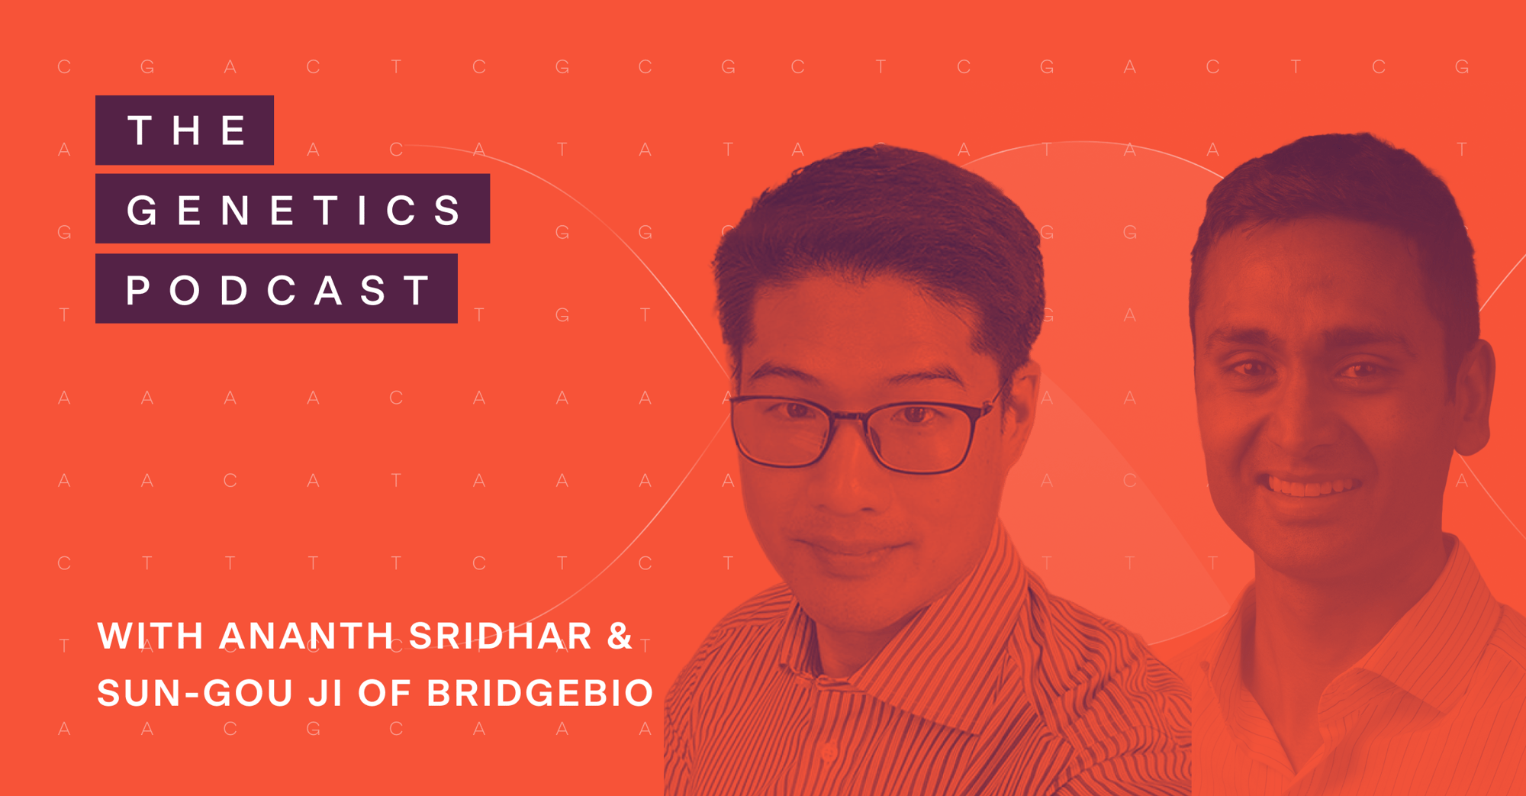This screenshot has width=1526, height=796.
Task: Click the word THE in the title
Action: point(185,130)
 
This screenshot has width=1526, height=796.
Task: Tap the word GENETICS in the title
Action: point(293,209)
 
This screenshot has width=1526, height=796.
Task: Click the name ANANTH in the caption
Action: point(306,636)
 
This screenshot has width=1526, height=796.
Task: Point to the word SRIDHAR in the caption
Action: point(501,636)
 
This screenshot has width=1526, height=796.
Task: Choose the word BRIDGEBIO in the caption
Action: point(539,693)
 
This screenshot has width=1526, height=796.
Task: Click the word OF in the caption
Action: point(385,693)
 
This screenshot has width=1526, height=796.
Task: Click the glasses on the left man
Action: point(862,431)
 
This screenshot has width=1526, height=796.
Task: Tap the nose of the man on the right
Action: point(1297,427)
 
